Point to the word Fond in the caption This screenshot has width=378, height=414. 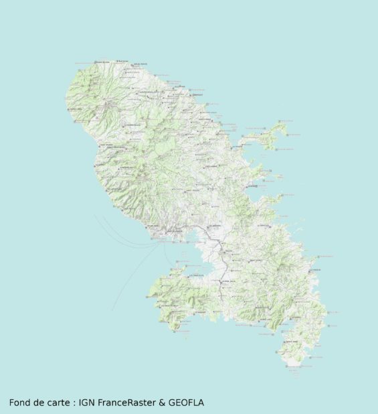tap(20, 403)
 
